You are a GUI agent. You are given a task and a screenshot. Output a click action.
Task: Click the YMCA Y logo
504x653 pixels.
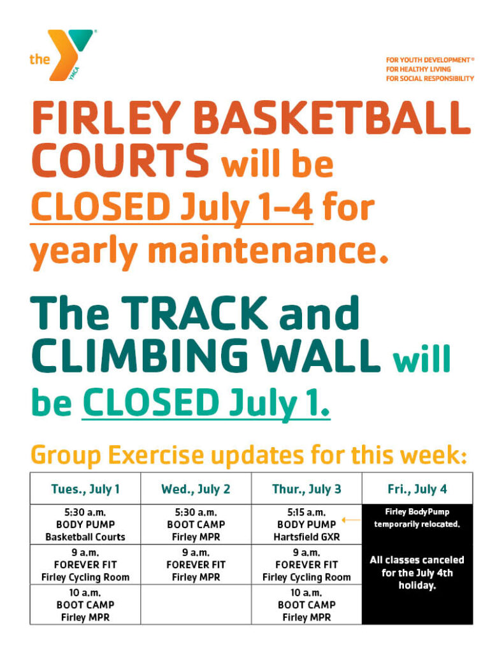pos(70,54)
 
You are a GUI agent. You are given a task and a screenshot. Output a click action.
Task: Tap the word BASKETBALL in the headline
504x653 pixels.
pos(332,117)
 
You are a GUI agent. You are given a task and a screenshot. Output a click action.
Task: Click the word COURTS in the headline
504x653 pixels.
pos(120,160)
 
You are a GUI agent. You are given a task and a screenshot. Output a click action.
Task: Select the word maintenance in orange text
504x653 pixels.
pos(268,251)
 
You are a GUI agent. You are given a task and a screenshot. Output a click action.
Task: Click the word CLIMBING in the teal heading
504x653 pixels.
pos(140,356)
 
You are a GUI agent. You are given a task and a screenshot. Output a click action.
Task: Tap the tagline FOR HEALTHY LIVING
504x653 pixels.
pos(418,69)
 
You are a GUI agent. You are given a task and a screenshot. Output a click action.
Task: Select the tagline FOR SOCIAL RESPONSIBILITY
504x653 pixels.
pos(430,78)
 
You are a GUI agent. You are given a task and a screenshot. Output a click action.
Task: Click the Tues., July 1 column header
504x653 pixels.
pos(85,488)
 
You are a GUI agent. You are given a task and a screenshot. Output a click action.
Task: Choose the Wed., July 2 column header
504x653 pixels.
pos(196,488)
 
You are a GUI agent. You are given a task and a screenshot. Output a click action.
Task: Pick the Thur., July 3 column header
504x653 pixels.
pos(306,488)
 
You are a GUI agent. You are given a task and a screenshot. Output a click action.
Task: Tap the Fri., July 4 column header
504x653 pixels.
pos(417,488)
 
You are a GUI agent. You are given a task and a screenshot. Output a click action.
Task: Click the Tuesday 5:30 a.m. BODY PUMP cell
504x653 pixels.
pos(85,524)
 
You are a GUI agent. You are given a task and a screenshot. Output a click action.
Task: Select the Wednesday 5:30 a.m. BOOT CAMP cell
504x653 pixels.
pos(196,524)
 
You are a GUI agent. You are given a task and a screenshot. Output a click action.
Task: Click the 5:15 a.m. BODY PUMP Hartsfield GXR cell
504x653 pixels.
pos(306,524)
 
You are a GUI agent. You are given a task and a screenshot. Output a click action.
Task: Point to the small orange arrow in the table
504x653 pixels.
pos(351,520)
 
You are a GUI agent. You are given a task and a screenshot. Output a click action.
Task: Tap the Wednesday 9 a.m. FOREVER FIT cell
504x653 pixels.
pos(196,565)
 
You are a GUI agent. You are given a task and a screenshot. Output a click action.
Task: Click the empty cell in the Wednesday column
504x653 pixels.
pos(196,605)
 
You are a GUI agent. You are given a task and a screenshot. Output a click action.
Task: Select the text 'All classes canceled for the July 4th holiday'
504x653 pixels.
pos(417,573)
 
